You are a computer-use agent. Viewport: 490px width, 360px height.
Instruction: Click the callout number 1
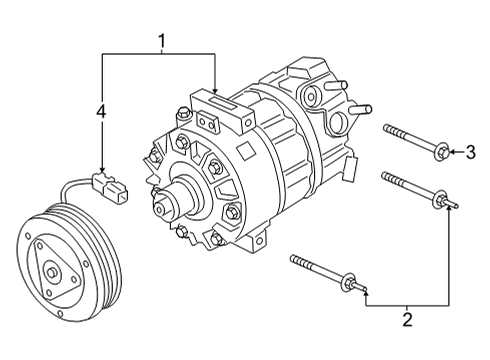pos(160,41)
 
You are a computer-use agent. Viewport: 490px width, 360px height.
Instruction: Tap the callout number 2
pos(407,320)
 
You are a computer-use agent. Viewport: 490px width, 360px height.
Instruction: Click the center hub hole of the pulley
pos(51,271)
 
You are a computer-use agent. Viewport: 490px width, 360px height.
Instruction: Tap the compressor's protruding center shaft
pos(163,204)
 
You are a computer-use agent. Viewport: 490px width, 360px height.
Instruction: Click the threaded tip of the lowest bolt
pos(296,261)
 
